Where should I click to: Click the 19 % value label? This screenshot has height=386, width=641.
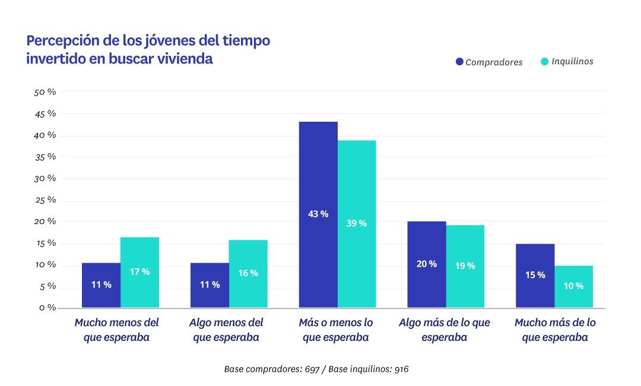click(x=465, y=265)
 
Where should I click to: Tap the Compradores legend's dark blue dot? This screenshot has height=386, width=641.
click(x=459, y=62)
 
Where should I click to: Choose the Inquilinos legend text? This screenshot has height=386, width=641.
click(x=572, y=61)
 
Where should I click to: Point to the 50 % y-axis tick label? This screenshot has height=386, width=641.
click(x=45, y=92)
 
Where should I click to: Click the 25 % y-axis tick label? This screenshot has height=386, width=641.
click(x=45, y=200)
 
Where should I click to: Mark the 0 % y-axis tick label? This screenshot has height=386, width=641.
click(x=47, y=308)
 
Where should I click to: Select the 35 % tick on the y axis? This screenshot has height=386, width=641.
click(x=45, y=157)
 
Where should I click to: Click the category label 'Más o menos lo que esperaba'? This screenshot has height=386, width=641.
click(x=336, y=330)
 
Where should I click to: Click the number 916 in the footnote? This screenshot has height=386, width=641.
click(x=400, y=369)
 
